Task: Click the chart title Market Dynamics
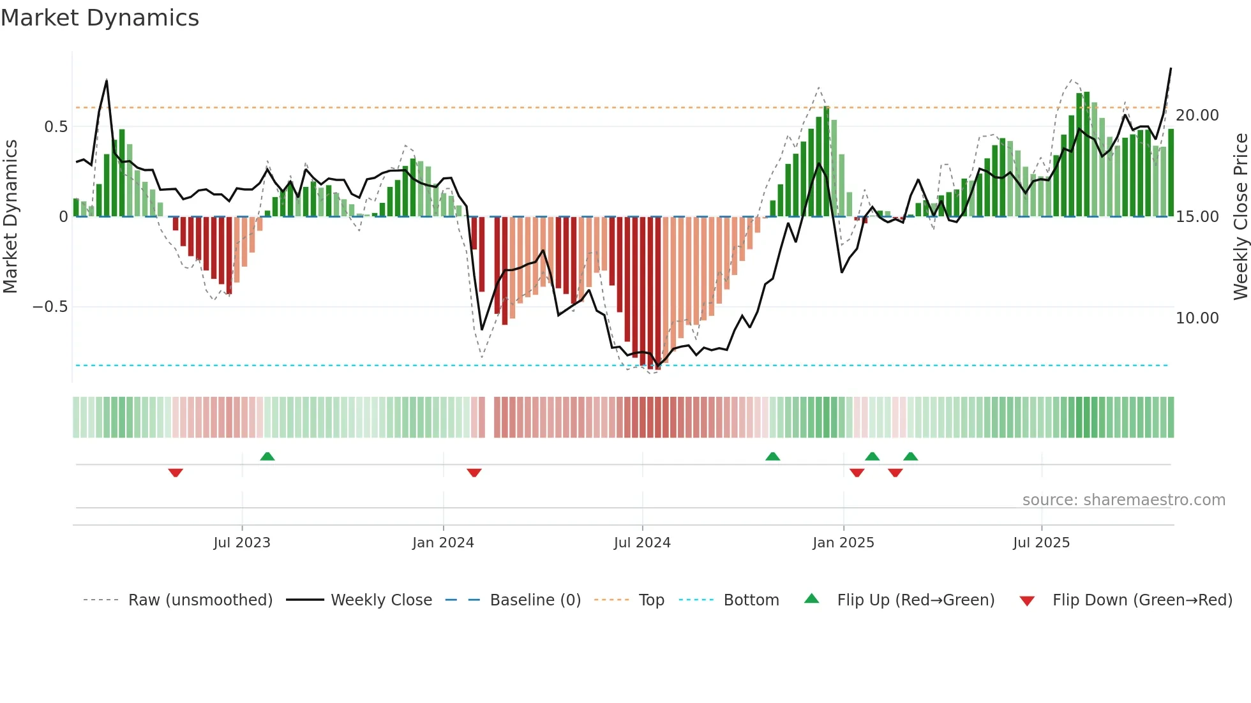click(x=100, y=18)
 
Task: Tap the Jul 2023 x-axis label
click(x=242, y=543)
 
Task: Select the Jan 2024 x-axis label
click(x=443, y=543)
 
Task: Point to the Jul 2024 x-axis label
click(x=642, y=543)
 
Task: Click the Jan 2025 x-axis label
click(x=843, y=543)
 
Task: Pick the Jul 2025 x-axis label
click(x=1041, y=543)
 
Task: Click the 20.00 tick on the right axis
click(x=1197, y=115)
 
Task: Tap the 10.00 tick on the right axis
click(x=1197, y=318)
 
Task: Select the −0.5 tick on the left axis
click(x=50, y=307)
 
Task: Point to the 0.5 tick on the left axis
click(x=56, y=127)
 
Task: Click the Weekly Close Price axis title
click(x=1240, y=217)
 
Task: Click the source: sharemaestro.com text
click(x=1123, y=500)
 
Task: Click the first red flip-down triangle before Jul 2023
click(x=176, y=473)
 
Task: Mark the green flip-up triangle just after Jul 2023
click(x=267, y=456)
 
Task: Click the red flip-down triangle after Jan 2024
click(x=474, y=473)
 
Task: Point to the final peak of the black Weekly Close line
click(x=1171, y=68)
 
